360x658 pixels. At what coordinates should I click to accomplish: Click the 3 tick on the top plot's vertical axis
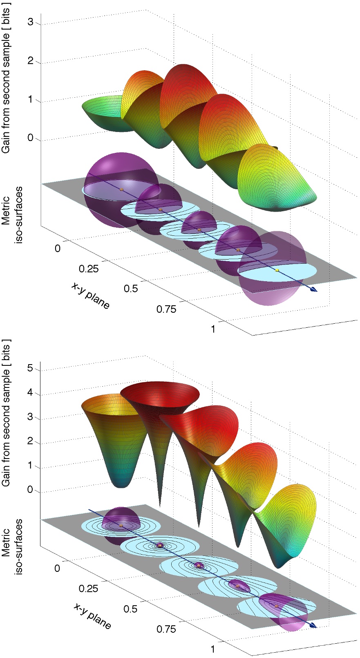click(31, 22)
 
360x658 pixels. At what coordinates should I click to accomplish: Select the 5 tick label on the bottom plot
click(31, 369)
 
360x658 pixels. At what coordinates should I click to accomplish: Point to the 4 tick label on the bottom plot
click(31, 394)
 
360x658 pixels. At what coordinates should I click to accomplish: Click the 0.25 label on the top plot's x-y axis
click(89, 269)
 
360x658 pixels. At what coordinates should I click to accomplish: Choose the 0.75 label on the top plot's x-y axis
click(166, 309)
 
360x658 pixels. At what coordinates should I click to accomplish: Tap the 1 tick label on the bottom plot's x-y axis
click(213, 649)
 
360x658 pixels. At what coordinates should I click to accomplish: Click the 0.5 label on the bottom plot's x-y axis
click(130, 609)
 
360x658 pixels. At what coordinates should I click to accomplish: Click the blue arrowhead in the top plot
click(313, 290)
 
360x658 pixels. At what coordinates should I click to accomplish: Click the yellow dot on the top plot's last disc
click(277, 270)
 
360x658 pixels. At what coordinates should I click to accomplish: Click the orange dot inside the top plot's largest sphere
click(121, 189)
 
